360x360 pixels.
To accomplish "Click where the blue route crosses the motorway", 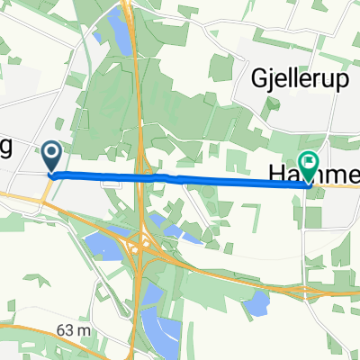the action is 141,177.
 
